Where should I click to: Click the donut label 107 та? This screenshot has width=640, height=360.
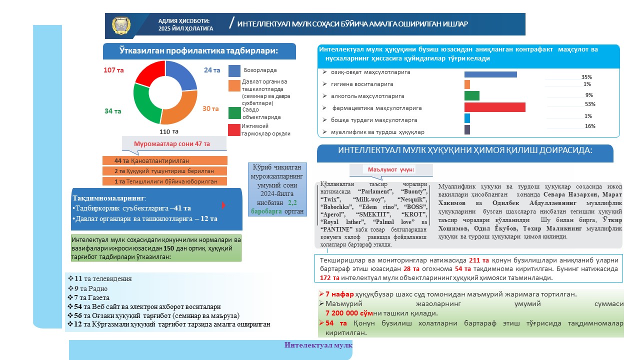113,70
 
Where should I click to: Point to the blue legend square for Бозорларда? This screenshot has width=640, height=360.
234,70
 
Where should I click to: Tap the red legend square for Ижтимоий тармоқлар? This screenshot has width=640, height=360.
234,130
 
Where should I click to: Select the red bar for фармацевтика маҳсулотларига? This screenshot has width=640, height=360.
494,107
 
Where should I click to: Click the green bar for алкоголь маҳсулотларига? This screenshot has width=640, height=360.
471,95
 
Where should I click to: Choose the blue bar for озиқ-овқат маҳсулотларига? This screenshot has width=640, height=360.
490,74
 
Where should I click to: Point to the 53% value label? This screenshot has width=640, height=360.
590,104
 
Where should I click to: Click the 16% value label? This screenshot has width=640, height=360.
590,126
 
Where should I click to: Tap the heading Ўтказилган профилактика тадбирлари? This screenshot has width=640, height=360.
198,51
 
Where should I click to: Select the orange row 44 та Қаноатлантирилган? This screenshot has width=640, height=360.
164,160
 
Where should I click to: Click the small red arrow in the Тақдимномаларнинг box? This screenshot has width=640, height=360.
223,205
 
